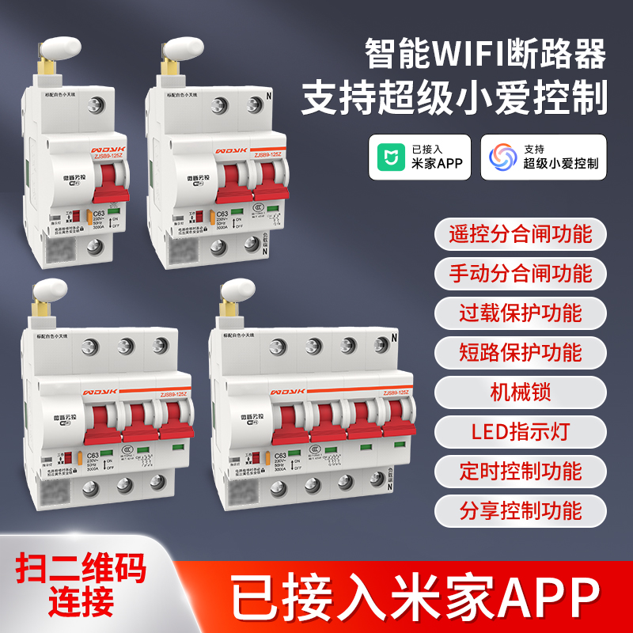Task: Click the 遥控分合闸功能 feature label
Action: [x=520, y=234]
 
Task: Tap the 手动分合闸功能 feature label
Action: [x=520, y=273]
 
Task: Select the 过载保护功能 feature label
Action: [x=520, y=312]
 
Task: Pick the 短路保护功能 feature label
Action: [x=520, y=351]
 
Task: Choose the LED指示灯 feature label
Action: [x=520, y=431]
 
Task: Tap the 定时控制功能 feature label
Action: [x=520, y=471]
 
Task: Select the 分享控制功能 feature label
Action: [x=520, y=510]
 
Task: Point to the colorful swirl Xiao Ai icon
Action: [x=502, y=157]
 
